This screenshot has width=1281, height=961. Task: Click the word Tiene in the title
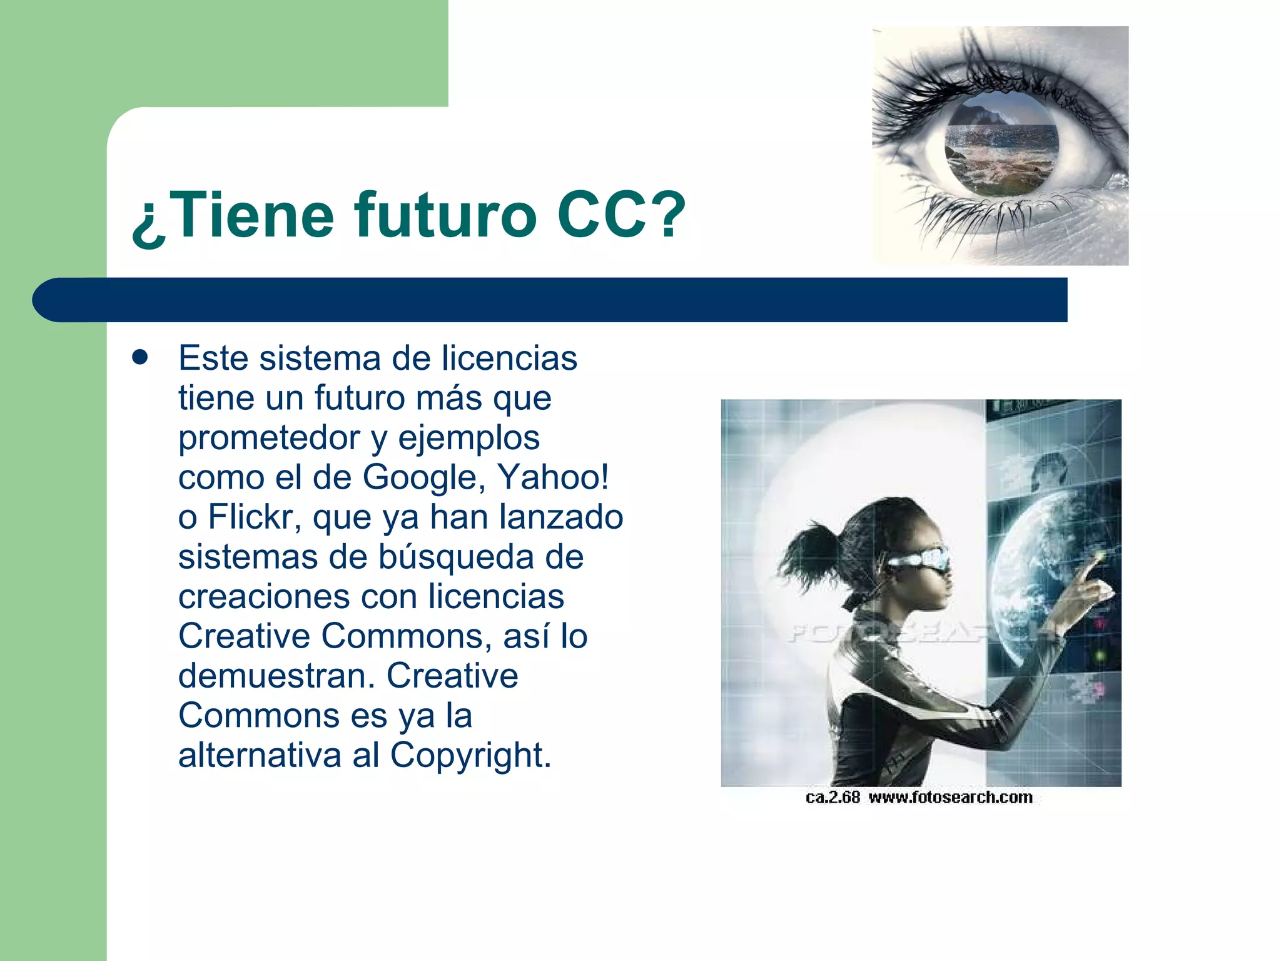pos(253,216)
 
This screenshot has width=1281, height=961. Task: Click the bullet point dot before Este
pos(140,358)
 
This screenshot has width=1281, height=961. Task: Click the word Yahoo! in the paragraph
pos(553,477)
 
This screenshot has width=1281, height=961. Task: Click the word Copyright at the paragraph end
pos(470,755)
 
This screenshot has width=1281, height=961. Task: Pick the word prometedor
pos(269,438)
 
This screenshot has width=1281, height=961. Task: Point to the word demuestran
pos(276,676)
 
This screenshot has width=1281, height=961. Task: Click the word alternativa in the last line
pos(260,755)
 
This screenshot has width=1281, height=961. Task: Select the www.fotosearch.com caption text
pos(950,797)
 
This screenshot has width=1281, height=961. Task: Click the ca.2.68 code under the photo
pos(833,797)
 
